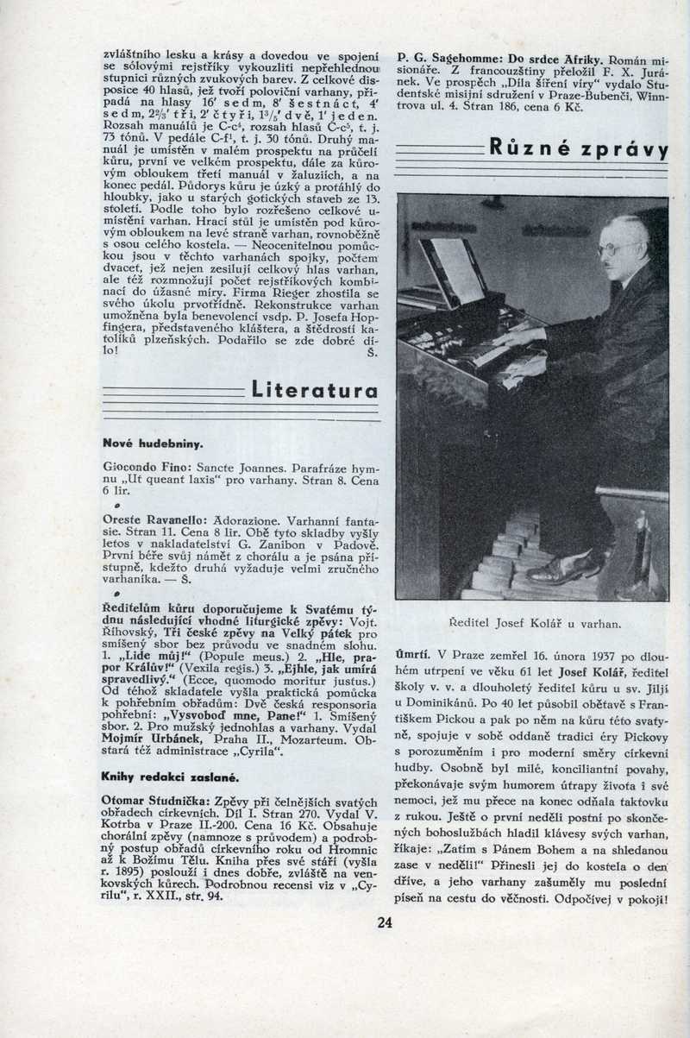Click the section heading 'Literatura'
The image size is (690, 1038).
314,391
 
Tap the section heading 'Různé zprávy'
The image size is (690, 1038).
578,148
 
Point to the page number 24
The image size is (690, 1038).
385,922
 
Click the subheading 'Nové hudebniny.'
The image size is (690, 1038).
153,444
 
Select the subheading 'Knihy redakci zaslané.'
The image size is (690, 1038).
166,776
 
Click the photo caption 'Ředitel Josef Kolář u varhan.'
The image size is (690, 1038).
535,622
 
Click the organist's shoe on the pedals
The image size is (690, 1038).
565,569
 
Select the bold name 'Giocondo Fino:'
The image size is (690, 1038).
139,466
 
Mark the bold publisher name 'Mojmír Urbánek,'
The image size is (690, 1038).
141,739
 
